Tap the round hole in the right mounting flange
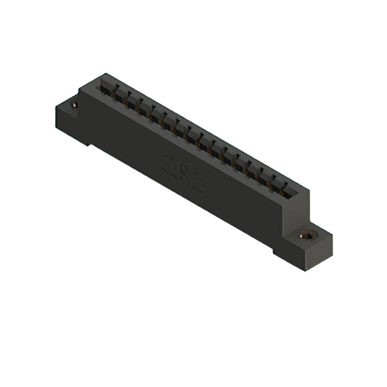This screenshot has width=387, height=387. tap(307, 235)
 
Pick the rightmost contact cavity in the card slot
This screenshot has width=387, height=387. tap(288, 190)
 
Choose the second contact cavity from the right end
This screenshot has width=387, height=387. tap(277, 183)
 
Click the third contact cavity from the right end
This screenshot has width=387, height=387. tap(265, 177)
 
